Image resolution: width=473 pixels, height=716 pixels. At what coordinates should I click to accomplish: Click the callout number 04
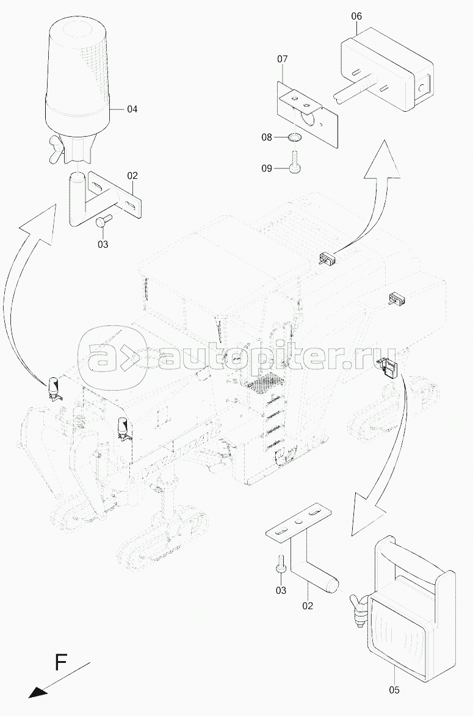[x=132, y=109]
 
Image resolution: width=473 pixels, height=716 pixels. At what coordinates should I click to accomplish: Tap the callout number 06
[x=356, y=16]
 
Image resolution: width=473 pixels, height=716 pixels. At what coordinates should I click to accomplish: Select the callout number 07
[x=283, y=59]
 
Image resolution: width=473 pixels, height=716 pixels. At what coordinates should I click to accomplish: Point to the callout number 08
[x=267, y=137]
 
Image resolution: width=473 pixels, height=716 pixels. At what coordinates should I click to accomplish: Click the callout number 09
[x=267, y=168]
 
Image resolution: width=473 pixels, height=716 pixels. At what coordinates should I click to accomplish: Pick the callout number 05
[x=394, y=690]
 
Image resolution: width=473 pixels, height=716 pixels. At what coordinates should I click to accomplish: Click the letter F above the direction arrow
[x=60, y=662]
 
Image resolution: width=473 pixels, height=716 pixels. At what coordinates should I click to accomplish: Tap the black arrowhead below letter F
[x=37, y=693]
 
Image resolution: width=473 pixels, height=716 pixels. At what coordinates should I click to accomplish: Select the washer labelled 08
[x=295, y=137]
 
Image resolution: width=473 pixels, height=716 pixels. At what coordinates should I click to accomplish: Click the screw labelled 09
[x=295, y=163]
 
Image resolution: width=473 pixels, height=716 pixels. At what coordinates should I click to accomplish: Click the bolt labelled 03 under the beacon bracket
[x=103, y=222]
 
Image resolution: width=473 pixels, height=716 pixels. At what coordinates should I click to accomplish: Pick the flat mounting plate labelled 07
[x=308, y=114]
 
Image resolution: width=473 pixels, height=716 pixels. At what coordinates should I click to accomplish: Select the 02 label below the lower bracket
[x=308, y=606]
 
